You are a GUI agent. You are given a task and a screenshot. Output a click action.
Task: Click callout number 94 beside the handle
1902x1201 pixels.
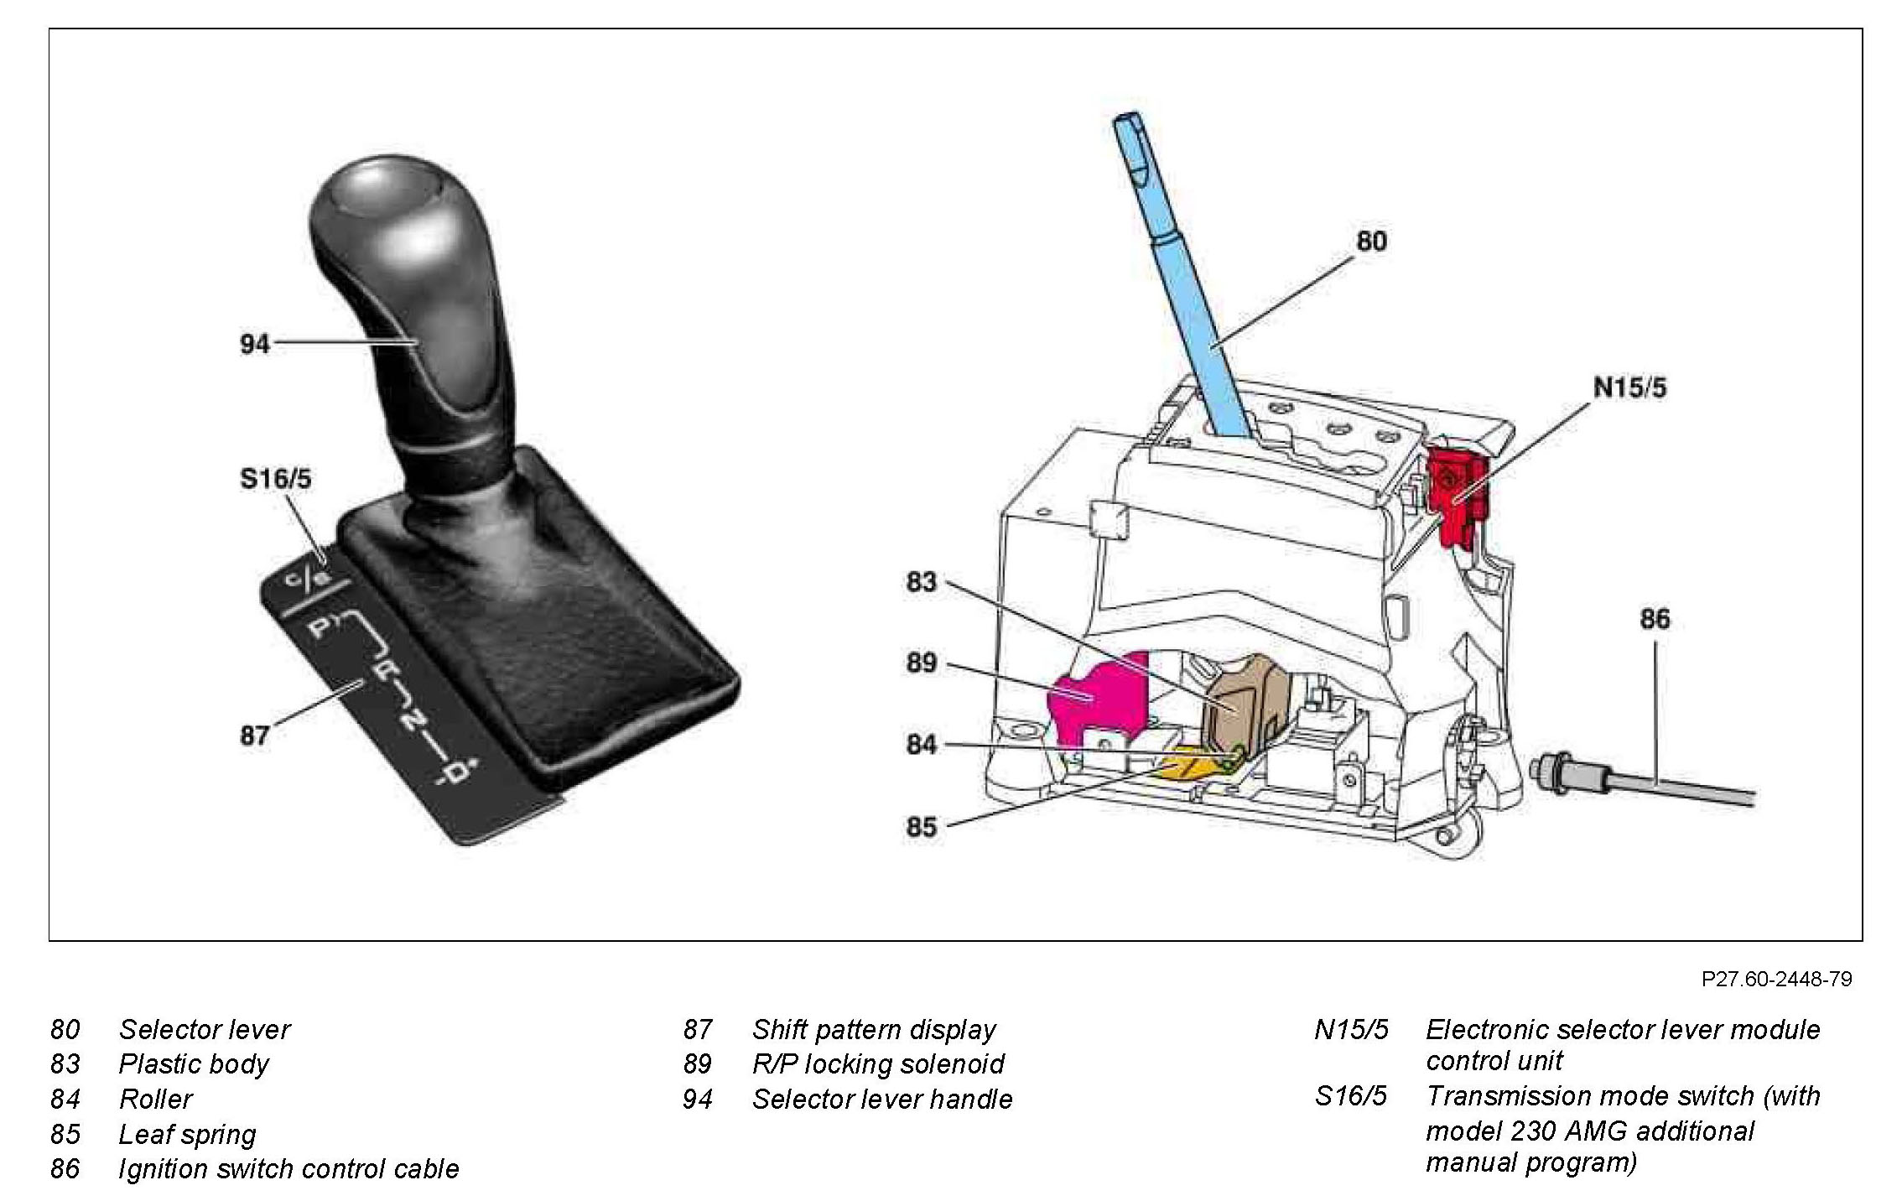[x=255, y=344]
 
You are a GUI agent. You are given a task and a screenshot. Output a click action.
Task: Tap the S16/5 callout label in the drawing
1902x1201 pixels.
[x=275, y=479]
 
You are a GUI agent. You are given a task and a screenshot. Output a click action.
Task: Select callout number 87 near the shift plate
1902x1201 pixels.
[x=254, y=736]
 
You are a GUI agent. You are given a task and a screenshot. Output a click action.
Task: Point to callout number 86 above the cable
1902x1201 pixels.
[x=1655, y=619]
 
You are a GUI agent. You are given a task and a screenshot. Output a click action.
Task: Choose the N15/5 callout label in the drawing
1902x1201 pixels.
[x=1629, y=387]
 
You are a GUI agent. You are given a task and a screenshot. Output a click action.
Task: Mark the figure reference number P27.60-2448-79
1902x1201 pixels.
[x=1776, y=979]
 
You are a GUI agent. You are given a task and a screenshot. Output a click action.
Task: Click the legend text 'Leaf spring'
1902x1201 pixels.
[x=187, y=1134]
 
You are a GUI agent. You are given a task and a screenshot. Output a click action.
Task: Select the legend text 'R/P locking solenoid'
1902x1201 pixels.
[x=877, y=1063]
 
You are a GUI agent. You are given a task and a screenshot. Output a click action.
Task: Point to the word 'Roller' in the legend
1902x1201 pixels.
[x=156, y=1099]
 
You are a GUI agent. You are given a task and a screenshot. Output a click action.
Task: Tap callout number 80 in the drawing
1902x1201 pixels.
[x=1371, y=242]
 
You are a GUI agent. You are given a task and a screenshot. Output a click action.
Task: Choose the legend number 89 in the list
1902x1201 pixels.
[x=697, y=1063]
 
